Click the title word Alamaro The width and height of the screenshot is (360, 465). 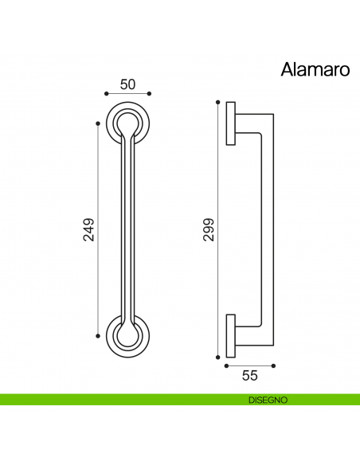click(x=315, y=69)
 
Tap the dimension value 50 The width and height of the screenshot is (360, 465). click(x=127, y=84)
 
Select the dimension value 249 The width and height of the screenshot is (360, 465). click(x=89, y=229)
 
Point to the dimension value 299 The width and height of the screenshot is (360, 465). click(x=209, y=229)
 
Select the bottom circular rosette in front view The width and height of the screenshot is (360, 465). click(x=127, y=335)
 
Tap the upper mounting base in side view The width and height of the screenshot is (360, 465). click(x=230, y=123)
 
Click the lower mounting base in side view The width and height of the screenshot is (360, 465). click(x=230, y=335)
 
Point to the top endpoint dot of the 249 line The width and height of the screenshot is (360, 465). click(x=98, y=123)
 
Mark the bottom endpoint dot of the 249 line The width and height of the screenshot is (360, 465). click(x=98, y=335)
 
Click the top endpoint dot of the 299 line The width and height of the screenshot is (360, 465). click(x=217, y=102)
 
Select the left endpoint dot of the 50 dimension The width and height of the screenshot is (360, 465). click(x=106, y=94)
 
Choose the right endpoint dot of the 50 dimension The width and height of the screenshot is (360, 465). click(x=149, y=94)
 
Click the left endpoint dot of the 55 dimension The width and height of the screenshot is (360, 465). click(x=226, y=366)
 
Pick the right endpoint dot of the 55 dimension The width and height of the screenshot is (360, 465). click(x=273, y=366)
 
